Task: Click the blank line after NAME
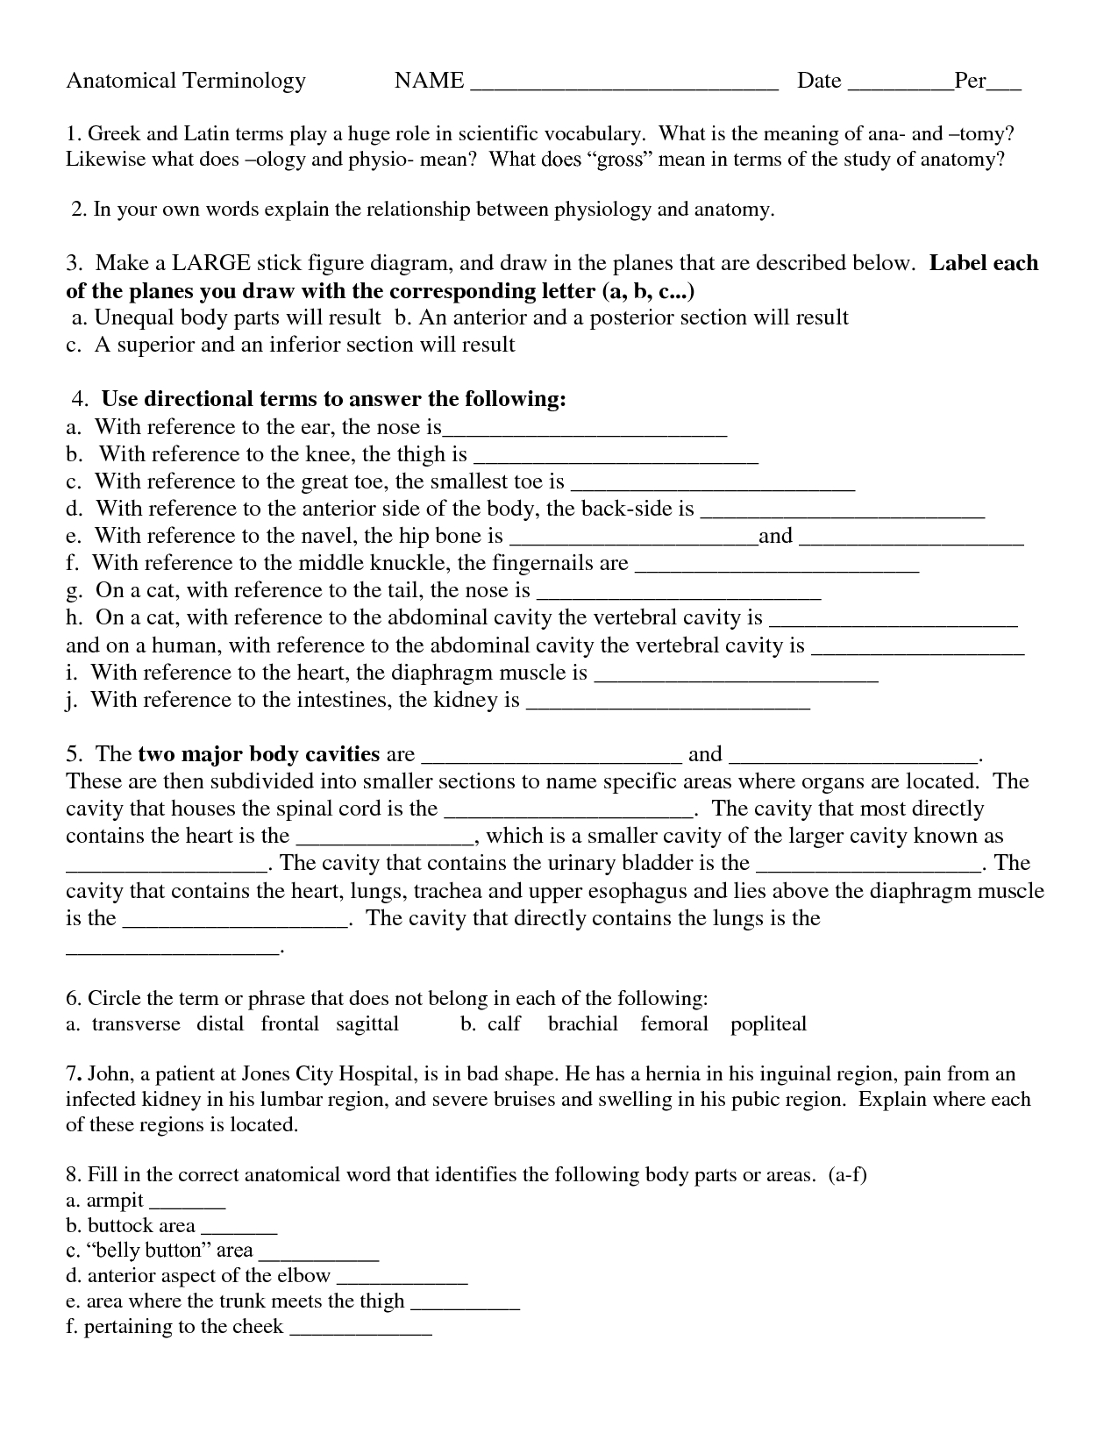[624, 86]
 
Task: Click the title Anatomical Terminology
[186, 82]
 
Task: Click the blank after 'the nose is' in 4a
[585, 432]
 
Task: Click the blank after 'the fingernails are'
[776, 568]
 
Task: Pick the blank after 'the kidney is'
[668, 705]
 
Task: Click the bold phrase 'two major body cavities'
[259, 754]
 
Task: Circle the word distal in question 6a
[220, 1024]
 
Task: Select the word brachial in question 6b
[582, 1024]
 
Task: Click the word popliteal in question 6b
[768, 1024]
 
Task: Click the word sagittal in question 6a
[367, 1024]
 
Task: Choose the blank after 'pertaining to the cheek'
[360, 1332]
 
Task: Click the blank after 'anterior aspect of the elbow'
[402, 1281]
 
